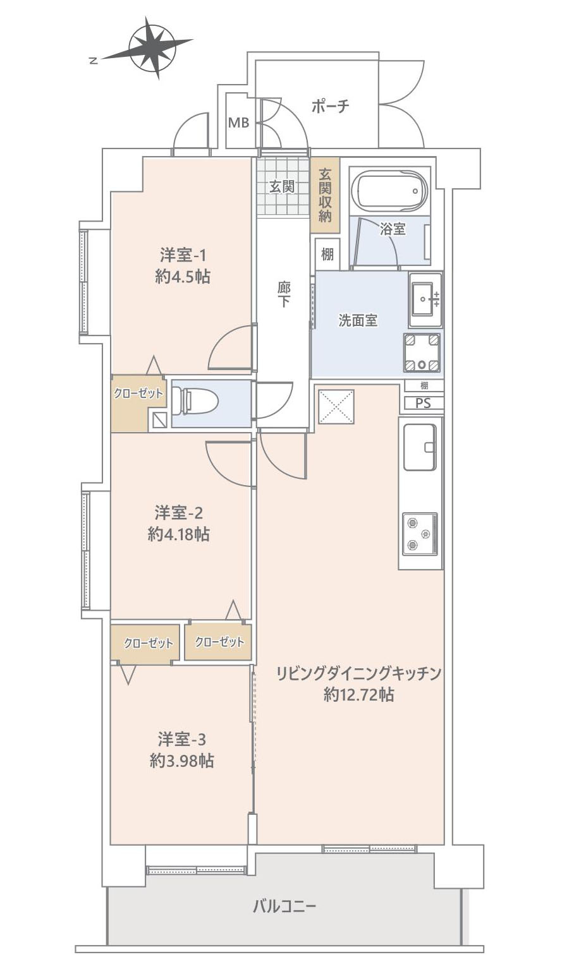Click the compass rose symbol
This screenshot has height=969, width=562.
coord(151,48)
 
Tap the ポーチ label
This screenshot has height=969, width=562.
coord(330,106)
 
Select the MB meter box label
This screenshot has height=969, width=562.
coord(238,123)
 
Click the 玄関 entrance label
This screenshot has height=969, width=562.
coord(282,187)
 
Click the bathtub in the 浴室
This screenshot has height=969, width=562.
coord(388,190)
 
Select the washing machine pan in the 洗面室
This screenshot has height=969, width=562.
coord(422,352)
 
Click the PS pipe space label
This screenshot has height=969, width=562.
coord(424,403)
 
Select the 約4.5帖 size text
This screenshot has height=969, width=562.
coord(183,277)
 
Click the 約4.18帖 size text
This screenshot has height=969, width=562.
coord(180,534)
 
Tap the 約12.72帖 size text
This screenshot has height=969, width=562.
coord(358,695)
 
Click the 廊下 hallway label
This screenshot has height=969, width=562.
coord(284,294)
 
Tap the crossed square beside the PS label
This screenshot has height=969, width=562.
coord(336,407)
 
